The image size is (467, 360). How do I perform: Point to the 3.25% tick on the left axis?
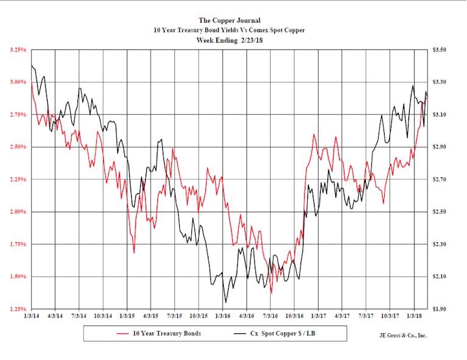coord(17,49)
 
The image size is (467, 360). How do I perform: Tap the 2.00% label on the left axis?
coord(17,212)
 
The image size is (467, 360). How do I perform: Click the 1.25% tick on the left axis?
coord(17,309)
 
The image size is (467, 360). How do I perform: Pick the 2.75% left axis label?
coord(17,115)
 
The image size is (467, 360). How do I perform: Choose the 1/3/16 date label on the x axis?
coord(223,316)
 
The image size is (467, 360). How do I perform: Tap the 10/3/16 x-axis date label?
coord(294,316)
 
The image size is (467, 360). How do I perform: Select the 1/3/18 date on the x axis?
coord(414,316)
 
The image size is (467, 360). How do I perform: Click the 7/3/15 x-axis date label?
coord(175,316)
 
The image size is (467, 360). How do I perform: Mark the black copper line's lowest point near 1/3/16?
coord(226,302)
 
